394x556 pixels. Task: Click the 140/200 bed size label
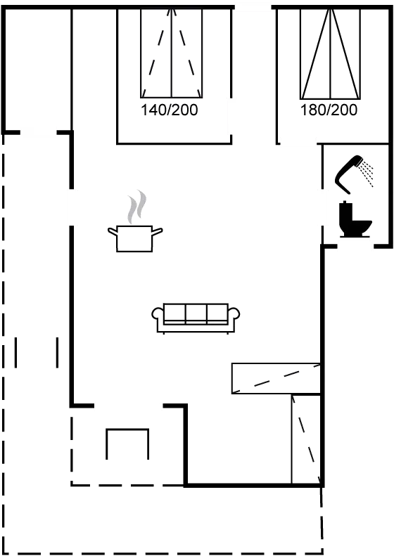[x=170, y=110]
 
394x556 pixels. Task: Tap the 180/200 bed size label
[x=329, y=110]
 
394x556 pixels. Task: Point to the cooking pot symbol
[x=135, y=238]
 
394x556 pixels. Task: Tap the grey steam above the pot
[x=137, y=207]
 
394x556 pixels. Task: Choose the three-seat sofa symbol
[x=196, y=318]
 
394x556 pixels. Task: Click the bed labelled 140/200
[x=172, y=53]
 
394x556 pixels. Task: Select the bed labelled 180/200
[x=331, y=54]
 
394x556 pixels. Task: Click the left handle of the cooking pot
[x=113, y=231]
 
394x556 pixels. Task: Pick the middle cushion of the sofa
[x=196, y=313]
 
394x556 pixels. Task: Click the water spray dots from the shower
[x=367, y=174]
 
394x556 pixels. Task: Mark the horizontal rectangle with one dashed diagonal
[x=277, y=378]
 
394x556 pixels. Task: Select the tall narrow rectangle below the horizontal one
[x=306, y=439]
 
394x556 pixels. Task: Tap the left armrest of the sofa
[x=158, y=313]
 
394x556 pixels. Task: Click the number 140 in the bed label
[x=153, y=110]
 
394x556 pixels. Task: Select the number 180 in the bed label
[x=312, y=110]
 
